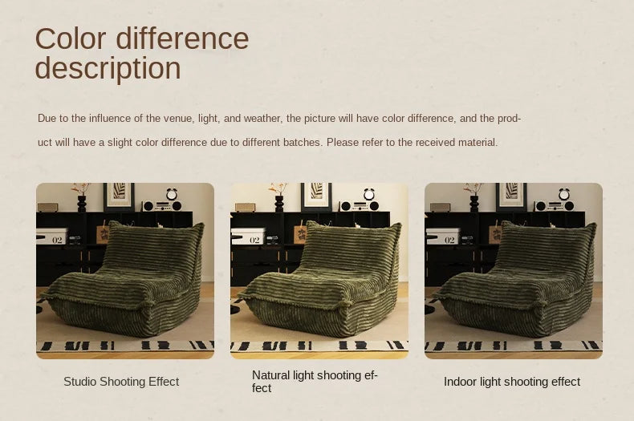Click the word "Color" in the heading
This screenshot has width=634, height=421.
click(71, 38)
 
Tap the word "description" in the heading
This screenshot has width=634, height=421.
click(108, 68)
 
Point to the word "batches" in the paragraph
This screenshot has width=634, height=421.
click(302, 143)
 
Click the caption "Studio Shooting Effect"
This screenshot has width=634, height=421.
click(121, 382)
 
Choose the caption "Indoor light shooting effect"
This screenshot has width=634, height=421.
click(512, 382)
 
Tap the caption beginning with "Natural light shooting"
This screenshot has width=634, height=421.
click(315, 382)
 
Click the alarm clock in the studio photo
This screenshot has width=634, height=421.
click(172, 194)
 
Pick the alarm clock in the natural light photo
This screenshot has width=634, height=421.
click(368, 194)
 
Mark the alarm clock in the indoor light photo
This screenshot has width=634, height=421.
click(563, 194)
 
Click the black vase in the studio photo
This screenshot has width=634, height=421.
click(82, 204)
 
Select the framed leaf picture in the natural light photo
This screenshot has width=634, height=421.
click(316, 196)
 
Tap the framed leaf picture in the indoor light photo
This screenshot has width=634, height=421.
click(511, 196)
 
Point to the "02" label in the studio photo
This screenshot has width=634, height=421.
click(57, 240)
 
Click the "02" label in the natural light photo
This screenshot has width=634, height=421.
click(254, 240)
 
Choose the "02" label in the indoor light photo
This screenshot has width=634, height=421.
click(449, 240)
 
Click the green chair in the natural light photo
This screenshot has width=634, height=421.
click(319, 279)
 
